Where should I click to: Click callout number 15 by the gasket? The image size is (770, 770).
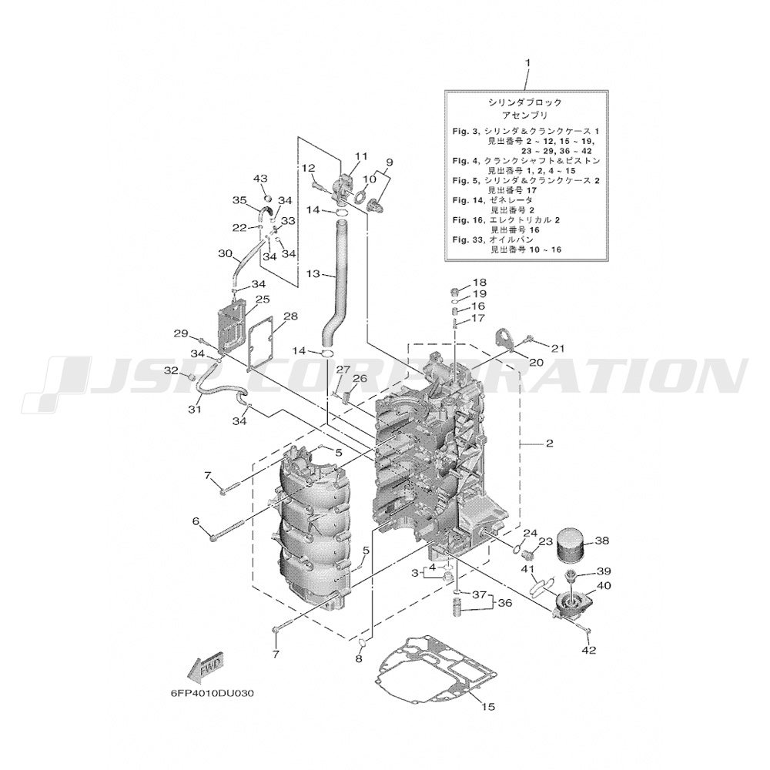coord(487,706)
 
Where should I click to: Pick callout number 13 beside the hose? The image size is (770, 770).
coord(313,273)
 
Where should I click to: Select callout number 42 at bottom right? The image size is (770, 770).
coord(589,651)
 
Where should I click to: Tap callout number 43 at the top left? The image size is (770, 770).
coord(259,179)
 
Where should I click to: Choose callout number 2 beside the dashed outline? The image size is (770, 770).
coord(550,444)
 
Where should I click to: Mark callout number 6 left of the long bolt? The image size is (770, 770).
coord(196,521)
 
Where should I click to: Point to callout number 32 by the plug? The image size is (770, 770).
coord(171,371)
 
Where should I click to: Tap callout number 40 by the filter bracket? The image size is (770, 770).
coord(603,586)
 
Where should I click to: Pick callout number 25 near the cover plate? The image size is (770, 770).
coord(263,300)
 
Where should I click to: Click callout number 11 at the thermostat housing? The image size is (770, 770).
coord(361,156)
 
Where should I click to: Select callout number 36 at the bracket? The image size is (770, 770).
coord(504,604)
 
